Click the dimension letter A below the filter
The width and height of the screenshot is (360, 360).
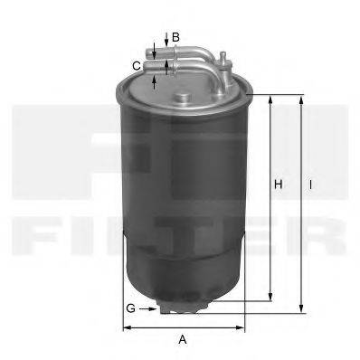pyautogui.click(x=183, y=339)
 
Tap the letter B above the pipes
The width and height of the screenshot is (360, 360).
pyautogui.click(x=176, y=36)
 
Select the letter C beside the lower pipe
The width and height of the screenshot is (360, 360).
pyautogui.click(x=136, y=65)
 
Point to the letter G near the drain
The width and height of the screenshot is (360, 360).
pyautogui.click(x=130, y=308)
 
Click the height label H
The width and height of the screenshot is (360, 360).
pyautogui.click(x=279, y=185)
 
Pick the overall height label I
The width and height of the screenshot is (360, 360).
pyautogui.click(x=310, y=185)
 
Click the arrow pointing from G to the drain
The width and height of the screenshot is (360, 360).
pyautogui.click(x=149, y=308)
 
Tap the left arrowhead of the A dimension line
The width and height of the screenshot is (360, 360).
pyautogui.click(x=127, y=327)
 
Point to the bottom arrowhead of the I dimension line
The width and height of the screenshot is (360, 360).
pyautogui.click(x=301, y=308)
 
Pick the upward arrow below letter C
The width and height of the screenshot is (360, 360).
pyautogui.click(x=156, y=82)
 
